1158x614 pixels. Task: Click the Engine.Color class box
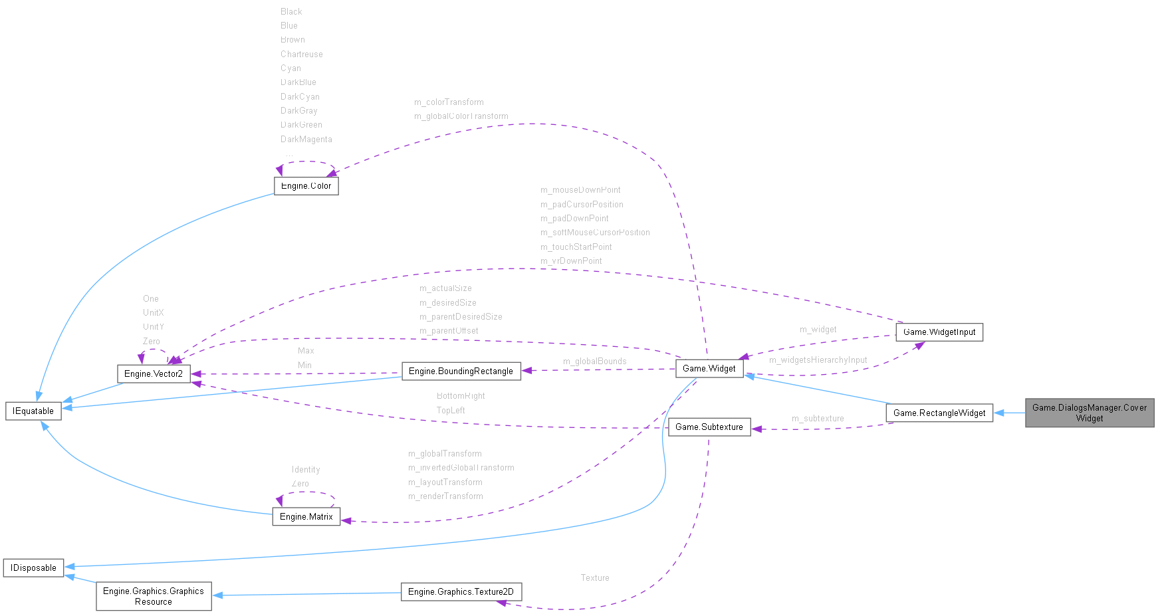[306, 186]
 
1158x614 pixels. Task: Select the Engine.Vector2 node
[154, 373]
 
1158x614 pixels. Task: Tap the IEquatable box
[33, 411]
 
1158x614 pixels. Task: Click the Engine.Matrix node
[306, 516]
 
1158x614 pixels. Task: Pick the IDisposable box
[33, 567]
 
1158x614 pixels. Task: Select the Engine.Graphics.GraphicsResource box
[154, 596]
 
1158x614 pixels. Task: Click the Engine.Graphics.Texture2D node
[461, 591]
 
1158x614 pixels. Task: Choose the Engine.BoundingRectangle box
[461, 371]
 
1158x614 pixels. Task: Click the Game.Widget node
[709, 368]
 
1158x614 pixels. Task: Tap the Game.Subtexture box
[709, 427]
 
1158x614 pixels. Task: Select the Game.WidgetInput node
[939, 332]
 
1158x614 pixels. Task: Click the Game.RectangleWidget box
[939, 413]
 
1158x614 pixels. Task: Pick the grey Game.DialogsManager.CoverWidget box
[1089, 413]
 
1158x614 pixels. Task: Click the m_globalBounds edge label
[594, 361]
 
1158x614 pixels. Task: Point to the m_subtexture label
[817, 419]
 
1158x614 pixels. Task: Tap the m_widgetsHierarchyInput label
[818, 360]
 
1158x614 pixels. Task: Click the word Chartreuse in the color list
[301, 54]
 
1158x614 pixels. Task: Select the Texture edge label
[594, 578]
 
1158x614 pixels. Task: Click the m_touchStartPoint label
[576, 247]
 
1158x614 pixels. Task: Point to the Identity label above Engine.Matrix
[305, 470]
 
